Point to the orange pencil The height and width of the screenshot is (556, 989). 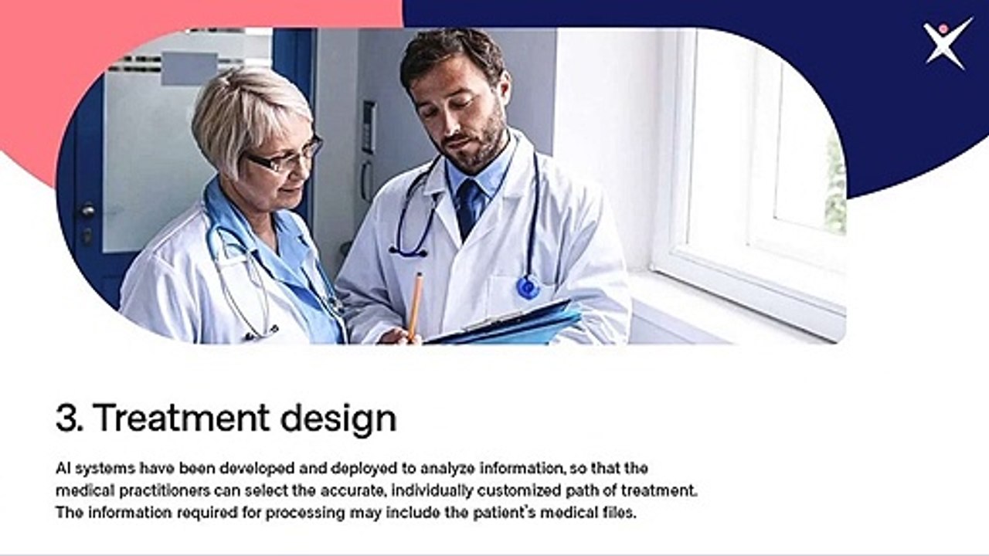pos(415,305)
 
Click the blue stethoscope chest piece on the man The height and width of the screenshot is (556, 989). pos(528,288)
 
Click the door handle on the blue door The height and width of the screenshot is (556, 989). pos(87,210)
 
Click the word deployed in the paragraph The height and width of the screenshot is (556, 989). pos(361,468)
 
